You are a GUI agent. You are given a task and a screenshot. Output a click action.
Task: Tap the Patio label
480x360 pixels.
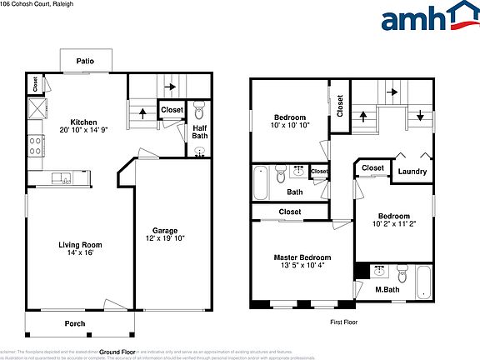[x=84, y=61]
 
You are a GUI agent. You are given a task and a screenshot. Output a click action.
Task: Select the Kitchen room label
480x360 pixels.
[x=84, y=120]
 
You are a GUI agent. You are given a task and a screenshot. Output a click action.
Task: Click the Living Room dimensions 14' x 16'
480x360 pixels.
[x=80, y=253]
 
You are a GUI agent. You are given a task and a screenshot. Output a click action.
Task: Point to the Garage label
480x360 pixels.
[x=164, y=231]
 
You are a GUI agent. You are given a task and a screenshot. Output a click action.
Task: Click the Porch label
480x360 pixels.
[x=75, y=323]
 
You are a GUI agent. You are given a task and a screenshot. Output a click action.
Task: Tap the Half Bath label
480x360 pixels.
[x=200, y=131]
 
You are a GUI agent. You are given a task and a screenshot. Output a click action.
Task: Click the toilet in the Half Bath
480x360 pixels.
[x=199, y=112]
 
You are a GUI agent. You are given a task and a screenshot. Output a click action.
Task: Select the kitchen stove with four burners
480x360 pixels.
[x=37, y=147]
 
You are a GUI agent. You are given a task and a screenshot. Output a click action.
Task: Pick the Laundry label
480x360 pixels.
[x=412, y=172]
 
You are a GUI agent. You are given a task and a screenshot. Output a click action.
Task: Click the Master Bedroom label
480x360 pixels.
[x=302, y=257]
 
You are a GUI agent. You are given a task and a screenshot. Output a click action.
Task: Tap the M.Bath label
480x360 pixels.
[x=387, y=289]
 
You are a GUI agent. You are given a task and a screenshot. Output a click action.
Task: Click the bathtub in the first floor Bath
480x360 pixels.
[x=260, y=182]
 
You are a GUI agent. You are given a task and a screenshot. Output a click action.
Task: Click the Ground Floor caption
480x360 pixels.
[x=117, y=352]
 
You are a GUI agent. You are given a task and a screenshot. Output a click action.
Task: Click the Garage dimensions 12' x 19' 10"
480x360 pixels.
[x=164, y=239]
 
